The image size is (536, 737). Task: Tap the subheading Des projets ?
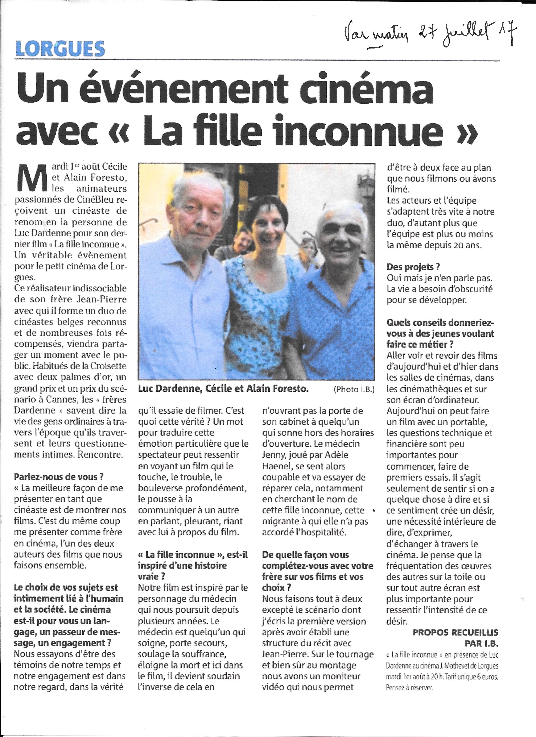coord(413,267)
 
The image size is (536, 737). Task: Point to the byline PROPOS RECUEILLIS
coord(455,633)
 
